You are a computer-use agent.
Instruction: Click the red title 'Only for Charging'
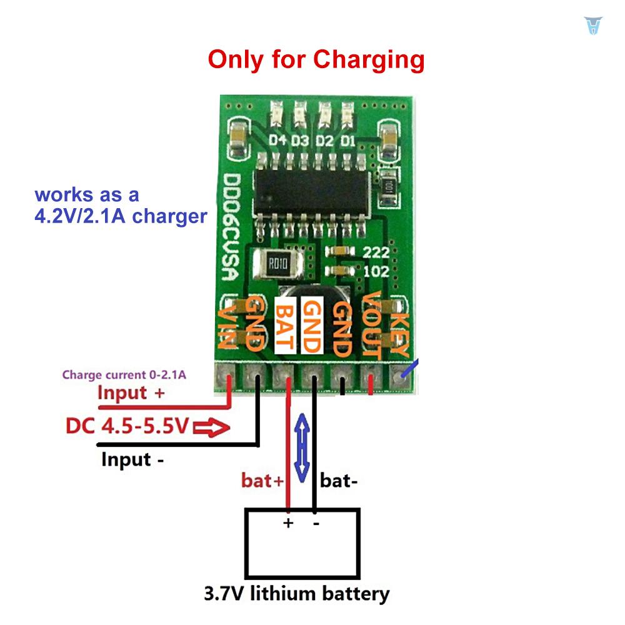[316, 60]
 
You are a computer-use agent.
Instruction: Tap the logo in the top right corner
[592, 26]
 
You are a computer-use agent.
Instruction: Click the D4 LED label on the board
[277, 140]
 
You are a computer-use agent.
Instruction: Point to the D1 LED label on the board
[348, 140]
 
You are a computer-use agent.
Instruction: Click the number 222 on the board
[376, 252]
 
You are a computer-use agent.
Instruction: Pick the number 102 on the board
[376, 272]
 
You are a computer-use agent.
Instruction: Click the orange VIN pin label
[226, 327]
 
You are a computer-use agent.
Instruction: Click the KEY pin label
[399, 334]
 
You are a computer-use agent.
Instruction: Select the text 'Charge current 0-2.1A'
[124, 376]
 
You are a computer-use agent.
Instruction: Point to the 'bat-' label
[338, 481]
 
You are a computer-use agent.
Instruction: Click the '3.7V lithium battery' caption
[296, 593]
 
